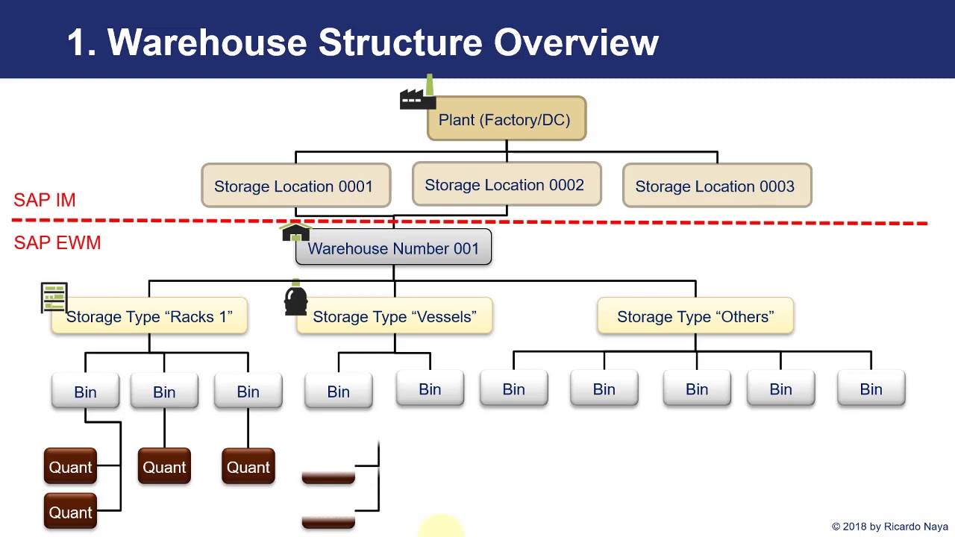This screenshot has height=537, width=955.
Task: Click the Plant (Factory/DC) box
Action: [506, 119]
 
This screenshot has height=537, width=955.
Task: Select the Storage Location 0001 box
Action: [295, 186]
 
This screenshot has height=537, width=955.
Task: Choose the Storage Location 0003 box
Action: [716, 186]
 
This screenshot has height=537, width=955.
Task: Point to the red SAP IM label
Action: [45, 200]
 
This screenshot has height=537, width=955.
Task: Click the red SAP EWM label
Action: [57, 243]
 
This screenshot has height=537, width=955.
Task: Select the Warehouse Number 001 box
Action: [393, 248]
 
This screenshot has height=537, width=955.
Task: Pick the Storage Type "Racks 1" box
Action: [149, 317]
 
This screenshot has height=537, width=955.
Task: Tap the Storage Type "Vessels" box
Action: [394, 317]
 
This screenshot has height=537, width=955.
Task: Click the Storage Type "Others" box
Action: [695, 317]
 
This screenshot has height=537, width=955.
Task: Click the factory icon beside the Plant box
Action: [418, 95]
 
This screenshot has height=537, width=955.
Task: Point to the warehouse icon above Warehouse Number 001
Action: [295, 233]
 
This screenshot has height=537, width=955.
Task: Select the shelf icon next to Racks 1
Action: [54, 298]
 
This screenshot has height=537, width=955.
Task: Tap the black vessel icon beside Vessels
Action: [295, 299]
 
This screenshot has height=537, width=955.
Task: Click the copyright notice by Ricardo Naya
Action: [889, 527]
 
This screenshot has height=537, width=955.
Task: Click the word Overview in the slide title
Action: [576, 43]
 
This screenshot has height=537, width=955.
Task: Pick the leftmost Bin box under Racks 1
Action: [85, 392]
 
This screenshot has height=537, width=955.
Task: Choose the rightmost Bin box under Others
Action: [871, 390]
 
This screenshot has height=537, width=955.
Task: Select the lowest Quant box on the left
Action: [70, 512]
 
